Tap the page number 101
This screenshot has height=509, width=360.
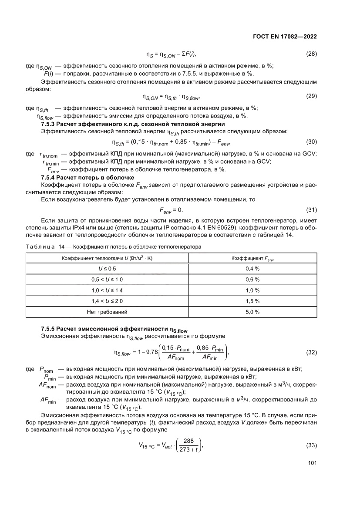(x=312, y=463)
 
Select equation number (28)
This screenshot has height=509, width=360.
(x=311, y=54)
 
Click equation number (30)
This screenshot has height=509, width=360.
(x=311, y=142)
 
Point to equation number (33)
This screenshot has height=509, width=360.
(x=311, y=445)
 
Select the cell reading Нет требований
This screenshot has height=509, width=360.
(x=104, y=312)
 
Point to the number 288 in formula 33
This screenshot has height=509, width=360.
(x=188, y=441)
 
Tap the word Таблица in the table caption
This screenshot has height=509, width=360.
(x=39, y=246)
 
